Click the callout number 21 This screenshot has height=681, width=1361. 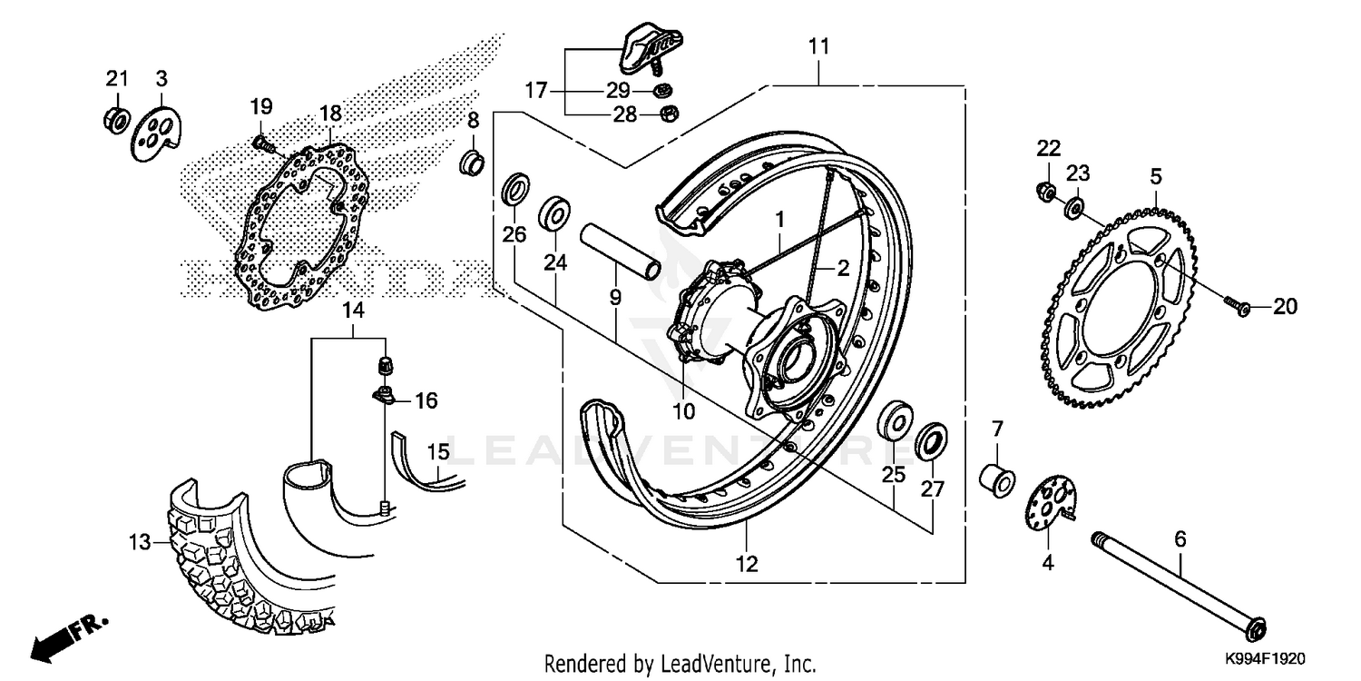pyautogui.click(x=116, y=79)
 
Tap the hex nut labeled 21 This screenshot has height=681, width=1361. pyautogui.click(x=116, y=118)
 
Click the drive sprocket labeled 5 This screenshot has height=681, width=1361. pyautogui.click(x=1125, y=309)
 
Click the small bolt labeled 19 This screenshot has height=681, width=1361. pyautogui.click(x=261, y=142)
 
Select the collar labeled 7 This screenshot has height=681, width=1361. pyautogui.click(x=995, y=479)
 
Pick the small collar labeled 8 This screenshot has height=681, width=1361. pyautogui.click(x=474, y=164)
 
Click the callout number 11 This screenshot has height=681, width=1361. pyautogui.click(x=819, y=46)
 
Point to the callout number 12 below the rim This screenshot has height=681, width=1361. pyautogui.click(x=746, y=564)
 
